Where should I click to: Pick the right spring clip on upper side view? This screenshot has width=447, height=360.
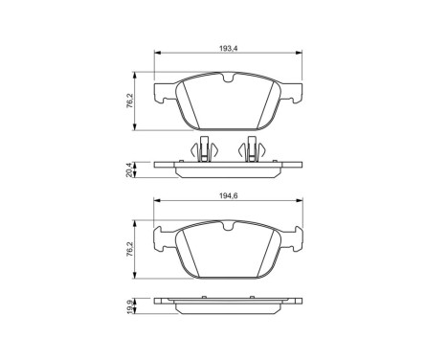pos(255,151)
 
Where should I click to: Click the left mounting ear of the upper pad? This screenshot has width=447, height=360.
pos(164,92)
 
